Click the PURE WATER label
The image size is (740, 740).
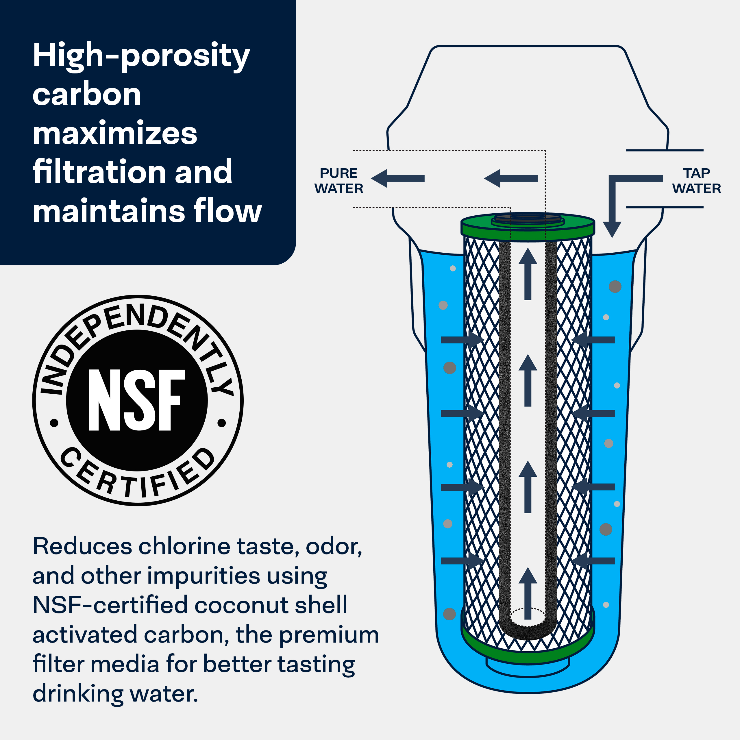point(338,181)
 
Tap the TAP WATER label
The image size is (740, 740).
point(696,181)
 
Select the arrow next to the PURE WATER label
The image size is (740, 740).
point(397,178)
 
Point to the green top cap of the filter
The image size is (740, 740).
point(528,227)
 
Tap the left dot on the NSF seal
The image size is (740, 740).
point(54,423)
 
